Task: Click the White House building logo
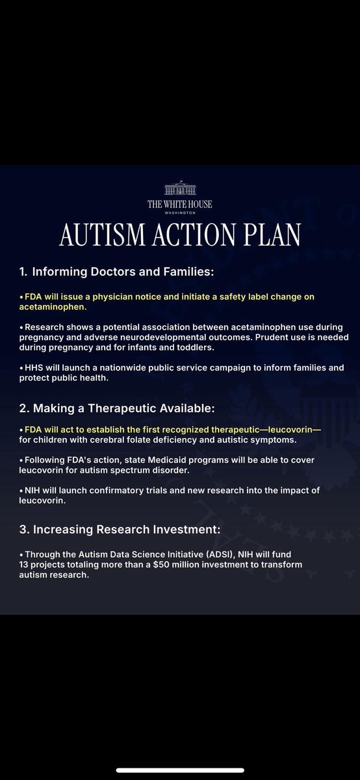[x=180, y=189]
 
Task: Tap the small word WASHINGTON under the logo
[x=180, y=211]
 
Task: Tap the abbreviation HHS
[x=34, y=368]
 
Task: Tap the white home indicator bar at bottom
[x=180, y=770]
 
